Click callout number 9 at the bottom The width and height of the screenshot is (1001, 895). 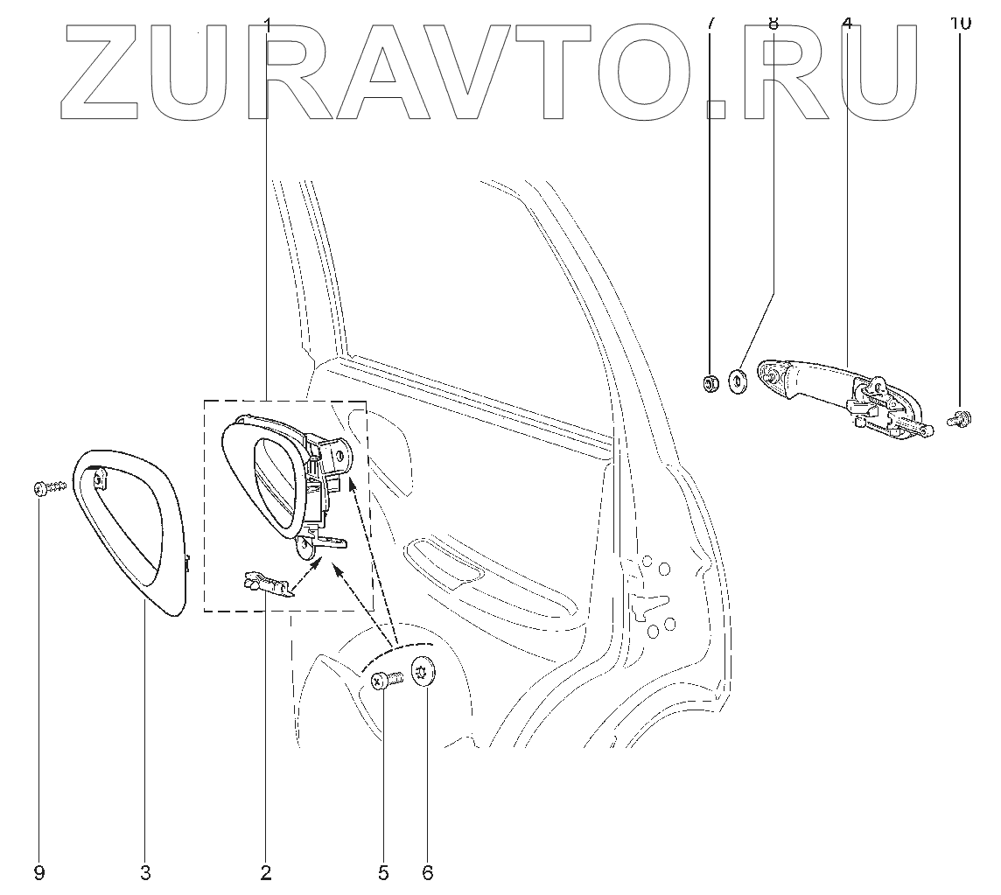[39, 872]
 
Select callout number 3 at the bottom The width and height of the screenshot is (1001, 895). [145, 872]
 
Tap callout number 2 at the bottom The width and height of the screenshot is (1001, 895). [265, 872]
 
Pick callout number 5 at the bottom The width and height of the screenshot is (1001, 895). [383, 872]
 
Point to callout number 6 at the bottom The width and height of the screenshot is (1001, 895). [427, 872]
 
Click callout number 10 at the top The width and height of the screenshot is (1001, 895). [960, 23]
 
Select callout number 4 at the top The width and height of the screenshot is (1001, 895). [846, 23]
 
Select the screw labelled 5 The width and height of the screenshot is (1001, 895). [385, 680]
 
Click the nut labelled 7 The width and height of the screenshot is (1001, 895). [711, 382]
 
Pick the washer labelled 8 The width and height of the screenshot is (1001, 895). [738, 381]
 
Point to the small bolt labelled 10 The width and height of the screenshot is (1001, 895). [957, 420]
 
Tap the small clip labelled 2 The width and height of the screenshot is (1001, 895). [266, 584]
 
